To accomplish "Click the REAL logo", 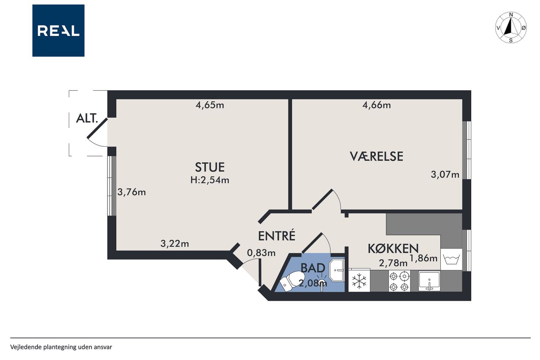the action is (x=58, y=31).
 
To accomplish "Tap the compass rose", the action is (x=510, y=27).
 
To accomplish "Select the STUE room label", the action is (x=210, y=167).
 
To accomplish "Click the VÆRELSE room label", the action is (x=376, y=156).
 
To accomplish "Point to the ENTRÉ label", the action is (x=276, y=235).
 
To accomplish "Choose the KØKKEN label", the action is (x=393, y=249).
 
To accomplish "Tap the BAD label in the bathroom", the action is (x=313, y=268).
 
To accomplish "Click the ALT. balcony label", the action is (x=87, y=119).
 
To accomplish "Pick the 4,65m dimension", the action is (x=210, y=105).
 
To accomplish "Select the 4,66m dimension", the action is (x=377, y=105).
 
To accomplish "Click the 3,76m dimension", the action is (x=132, y=192).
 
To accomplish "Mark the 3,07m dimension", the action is (x=445, y=174).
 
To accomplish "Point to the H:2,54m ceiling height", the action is (x=210, y=180).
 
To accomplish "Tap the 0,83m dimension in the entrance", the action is (x=261, y=253).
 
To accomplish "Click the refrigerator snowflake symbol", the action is (x=359, y=281).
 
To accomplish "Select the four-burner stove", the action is (x=399, y=281).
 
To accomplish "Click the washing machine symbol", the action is (x=451, y=259).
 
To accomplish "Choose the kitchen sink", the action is (x=429, y=281).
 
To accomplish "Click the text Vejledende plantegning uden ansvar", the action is (x=61, y=347).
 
